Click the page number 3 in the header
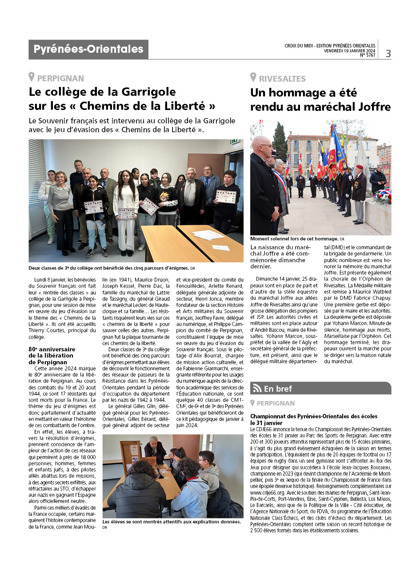pyautogui.click(x=388, y=54)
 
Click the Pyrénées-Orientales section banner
pyautogui.click(x=88, y=49)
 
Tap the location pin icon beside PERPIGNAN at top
pyautogui.click(x=32, y=78)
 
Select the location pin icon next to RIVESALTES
pyautogui.click(x=253, y=78)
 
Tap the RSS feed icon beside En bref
pyautogui.click(x=257, y=389)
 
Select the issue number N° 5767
pyautogui.click(x=368, y=55)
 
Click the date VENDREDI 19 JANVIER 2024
pyautogui.click(x=349, y=51)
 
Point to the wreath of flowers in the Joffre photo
pyautogui.click(x=382, y=197)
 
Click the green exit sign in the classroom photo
pyautogui.click(x=234, y=142)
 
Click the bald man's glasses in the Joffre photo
pyautogui.click(x=266, y=146)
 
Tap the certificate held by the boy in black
pyautogui.click(x=225, y=196)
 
